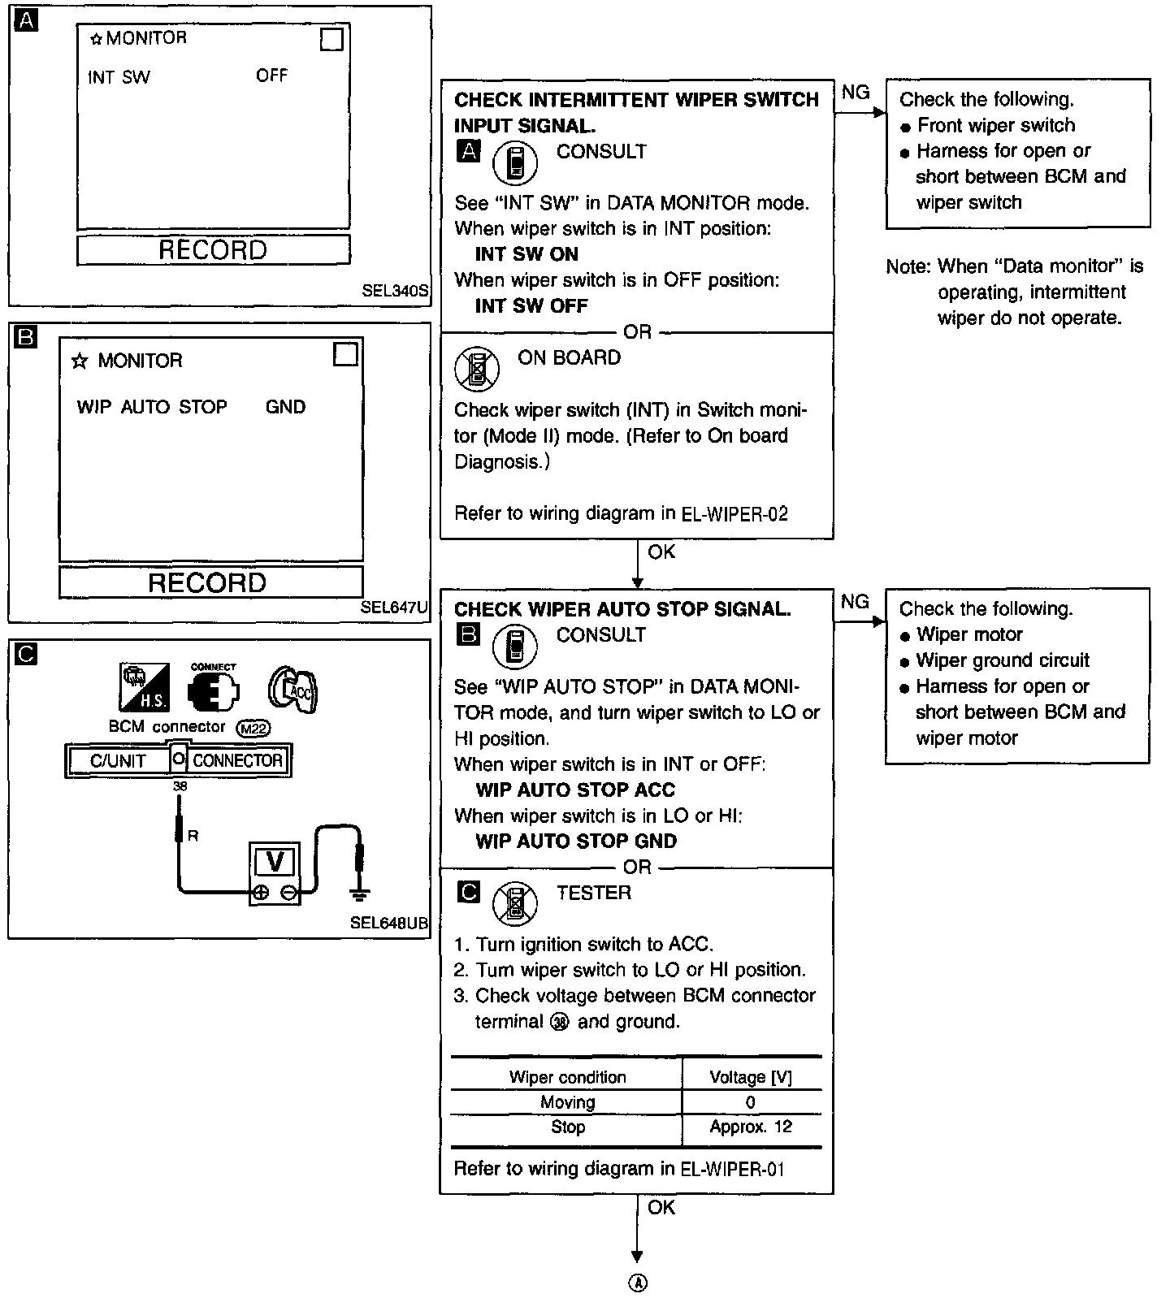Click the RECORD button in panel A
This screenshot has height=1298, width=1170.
click(x=213, y=250)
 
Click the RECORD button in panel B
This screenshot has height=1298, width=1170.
click(x=207, y=582)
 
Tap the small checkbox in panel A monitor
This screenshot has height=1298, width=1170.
click(x=331, y=40)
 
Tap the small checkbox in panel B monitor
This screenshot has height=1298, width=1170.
click(x=346, y=355)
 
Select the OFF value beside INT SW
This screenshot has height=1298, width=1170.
click(x=271, y=76)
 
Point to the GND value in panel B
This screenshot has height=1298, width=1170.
click(x=285, y=407)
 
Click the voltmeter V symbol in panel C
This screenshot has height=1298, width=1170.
click(x=275, y=862)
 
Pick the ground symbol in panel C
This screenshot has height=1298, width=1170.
click(x=359, y=893)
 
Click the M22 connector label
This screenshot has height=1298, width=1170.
click(x=252, y=729)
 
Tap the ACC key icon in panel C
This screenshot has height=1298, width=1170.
click(x=292, y=690)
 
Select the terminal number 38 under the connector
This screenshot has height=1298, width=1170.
click(x=180, y=786)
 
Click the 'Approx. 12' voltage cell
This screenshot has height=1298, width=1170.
click(x=750, y=1127)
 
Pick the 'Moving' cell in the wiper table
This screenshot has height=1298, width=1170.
click(x=567, y=1102)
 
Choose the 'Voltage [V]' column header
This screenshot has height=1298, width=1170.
click(x=750, y=1077)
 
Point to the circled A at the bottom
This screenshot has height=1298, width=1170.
click(x=638, y=1283)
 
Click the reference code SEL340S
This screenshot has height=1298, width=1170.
click(x=395, y=291)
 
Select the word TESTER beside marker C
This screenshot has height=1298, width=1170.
click(x=593, y=893)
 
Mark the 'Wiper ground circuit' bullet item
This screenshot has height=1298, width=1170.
click(x=1003, y=660)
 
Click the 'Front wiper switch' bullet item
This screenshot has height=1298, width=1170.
click(x=995, y=125)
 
